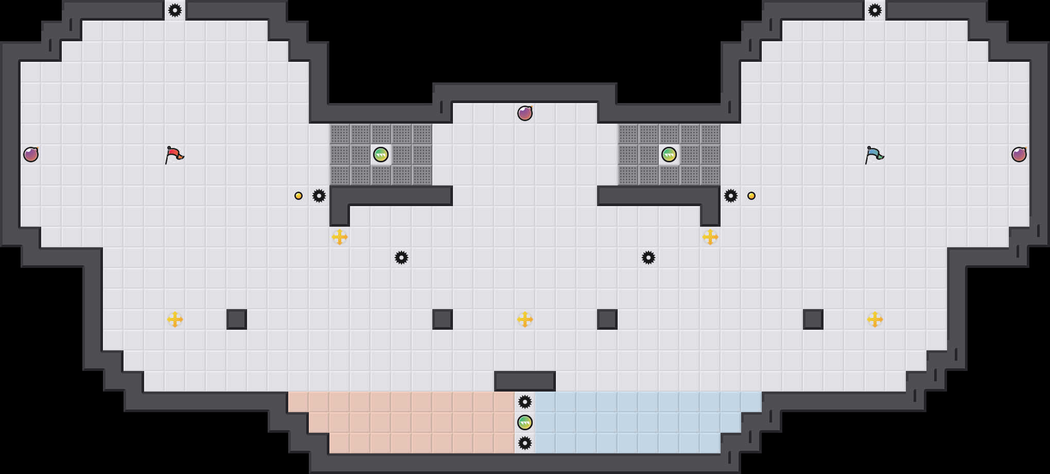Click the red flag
tap(174, 155)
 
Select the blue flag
tap(874, 155)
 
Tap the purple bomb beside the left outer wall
tap(31, 155)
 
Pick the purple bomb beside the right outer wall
tap(1019, 155)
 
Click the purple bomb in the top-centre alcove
tap(525, 113)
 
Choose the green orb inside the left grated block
tap(381, 155)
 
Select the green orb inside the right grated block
tap(669, 155)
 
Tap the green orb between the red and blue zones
tap(525, 422)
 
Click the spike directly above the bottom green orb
tap(525, 402)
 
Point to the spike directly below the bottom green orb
tap(525, 443)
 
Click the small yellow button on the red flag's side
tap(299, 196)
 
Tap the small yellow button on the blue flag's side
tap(751, 196)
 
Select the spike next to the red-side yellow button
tap(319, 196)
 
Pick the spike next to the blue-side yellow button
tap(731, 196)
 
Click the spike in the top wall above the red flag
tap(175, 10)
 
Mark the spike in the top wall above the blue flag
tap(875, 10)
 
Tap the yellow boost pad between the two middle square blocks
tap(525, 319)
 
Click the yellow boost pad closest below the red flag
tap(175, 319)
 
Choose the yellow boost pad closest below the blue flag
tap(875, 319)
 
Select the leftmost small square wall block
tap(237, 319)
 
